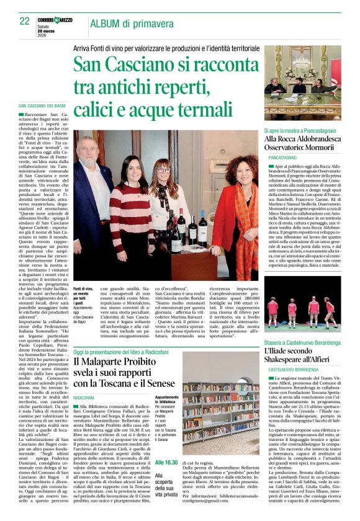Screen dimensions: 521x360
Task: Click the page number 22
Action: [24, 20]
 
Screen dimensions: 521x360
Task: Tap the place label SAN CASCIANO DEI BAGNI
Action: [46, 107]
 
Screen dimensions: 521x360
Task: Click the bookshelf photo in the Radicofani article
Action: [220, 411]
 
